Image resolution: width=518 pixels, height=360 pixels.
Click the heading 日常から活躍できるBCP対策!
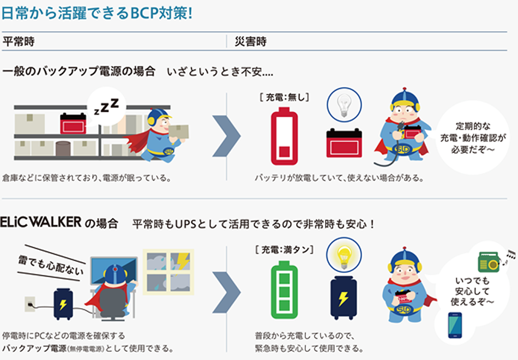pyautogui.click(x=97, y=13)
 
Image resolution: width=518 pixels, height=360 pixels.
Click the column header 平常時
pyautogui.click(x=19, y=41)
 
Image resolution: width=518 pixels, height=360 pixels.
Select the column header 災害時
pyautogui.click(x=251, y=41)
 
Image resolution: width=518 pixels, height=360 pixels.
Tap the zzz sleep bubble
pyautogui.click(x=106, y=106)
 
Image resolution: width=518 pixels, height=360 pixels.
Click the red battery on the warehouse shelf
pyautogui.click(x=73, y=123)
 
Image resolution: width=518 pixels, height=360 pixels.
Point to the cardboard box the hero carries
pyautogui.click(x=179, y=131)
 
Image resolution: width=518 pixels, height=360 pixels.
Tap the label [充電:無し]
pyautogui.click(x=284, y=97)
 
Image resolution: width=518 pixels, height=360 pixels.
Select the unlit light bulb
pyautogui.click(x=344, y=105)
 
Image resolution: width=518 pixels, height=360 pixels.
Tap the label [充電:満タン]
pyautogui.click(x=284, y=249)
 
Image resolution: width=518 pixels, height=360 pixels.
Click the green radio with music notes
pyautogui.click(x=489, y=262)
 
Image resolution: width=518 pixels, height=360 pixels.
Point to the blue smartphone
pyautogui.click(x=455, y=325)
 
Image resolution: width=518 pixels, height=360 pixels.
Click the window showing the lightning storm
pyautogui.click(x=168, y=272)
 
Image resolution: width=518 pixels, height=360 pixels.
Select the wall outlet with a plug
pyautogui.click(x=30, y=304)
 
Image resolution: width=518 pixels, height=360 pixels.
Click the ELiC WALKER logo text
pyautogui.click(x=41, y=222)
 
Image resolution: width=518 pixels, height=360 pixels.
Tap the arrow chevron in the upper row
pyautogui.click(x=227, y=136)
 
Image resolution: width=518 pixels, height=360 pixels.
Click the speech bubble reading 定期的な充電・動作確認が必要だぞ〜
pyautogui.click(x=473, y=137)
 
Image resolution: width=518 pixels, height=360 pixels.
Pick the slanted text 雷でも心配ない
pyautogui.click(x=51, y=265)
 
